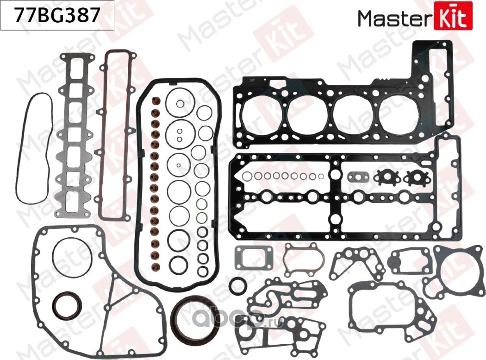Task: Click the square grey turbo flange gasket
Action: (249, 258)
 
